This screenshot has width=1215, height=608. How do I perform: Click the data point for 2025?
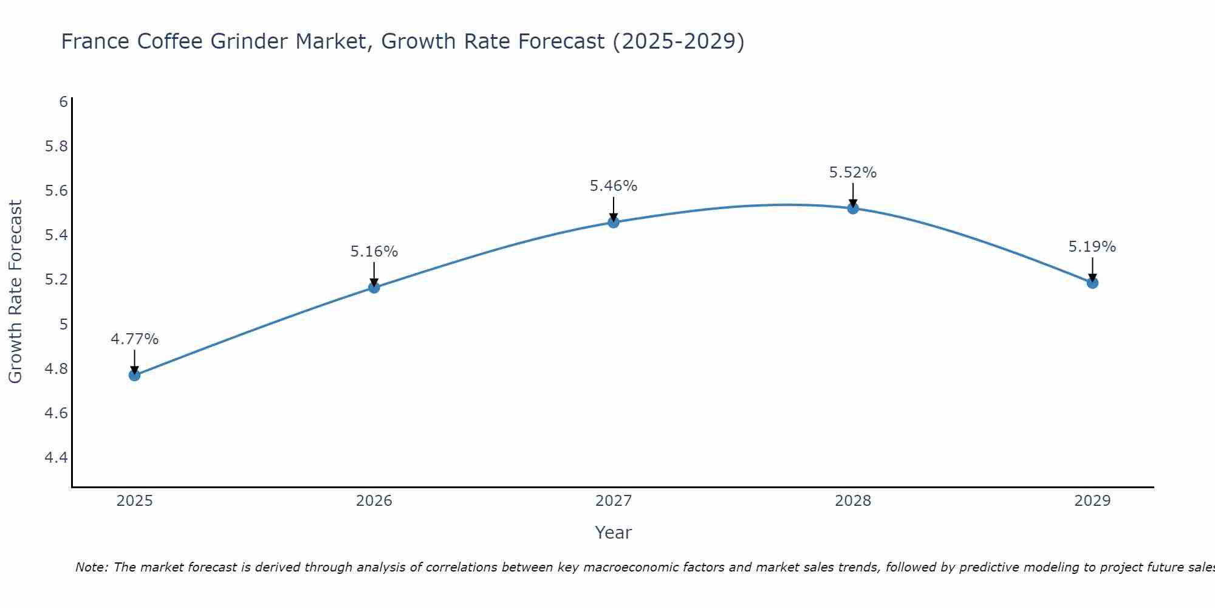[x=134, y=375]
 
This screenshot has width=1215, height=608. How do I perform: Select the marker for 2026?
[x=374, y=288]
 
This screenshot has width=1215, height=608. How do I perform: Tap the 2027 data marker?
[x=614, y=223]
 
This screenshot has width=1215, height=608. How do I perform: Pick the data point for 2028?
[x=853, y=209]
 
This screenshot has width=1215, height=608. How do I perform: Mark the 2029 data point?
[x=1092, y=283]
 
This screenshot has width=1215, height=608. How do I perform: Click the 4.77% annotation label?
[x=134, y=339]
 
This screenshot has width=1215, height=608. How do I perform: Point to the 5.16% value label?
[x=374, y=252]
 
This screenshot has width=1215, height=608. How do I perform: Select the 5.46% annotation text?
[x=614, y=186]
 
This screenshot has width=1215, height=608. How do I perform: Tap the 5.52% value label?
[x=853, y=173]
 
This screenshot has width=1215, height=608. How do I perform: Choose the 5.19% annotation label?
[x=1092, y=247]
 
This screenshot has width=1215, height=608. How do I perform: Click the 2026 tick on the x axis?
[x=374, y=501]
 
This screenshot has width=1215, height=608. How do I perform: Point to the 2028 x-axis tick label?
[x=853, y=501]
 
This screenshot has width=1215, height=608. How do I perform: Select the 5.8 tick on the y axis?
[x=56, y=147]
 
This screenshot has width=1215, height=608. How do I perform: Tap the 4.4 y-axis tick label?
[x=56, y=458]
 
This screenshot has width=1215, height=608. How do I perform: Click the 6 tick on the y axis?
[x=63, y=102]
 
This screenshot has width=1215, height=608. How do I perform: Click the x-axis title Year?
[x=614, y=533]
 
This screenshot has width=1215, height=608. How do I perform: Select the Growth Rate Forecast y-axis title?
[x=15, y=292]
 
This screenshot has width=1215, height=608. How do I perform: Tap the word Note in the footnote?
[x=91, y=567]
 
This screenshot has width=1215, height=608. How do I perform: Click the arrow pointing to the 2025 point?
[x=134, y=362]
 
